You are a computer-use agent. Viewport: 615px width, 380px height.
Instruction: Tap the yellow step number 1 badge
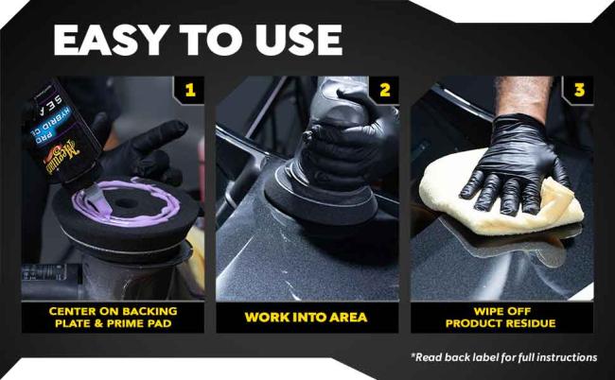(x=190, y=91)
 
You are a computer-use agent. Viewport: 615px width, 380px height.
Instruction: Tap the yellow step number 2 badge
(x=384, y=91)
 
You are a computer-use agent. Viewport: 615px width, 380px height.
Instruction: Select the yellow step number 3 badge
(x=579, y=91)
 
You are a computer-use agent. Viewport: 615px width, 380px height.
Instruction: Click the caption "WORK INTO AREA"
(x=307, y=317)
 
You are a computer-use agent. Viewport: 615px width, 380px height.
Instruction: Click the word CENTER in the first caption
(x=74, y=310)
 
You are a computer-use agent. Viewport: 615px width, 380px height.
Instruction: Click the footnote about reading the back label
(x=503, y=357)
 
